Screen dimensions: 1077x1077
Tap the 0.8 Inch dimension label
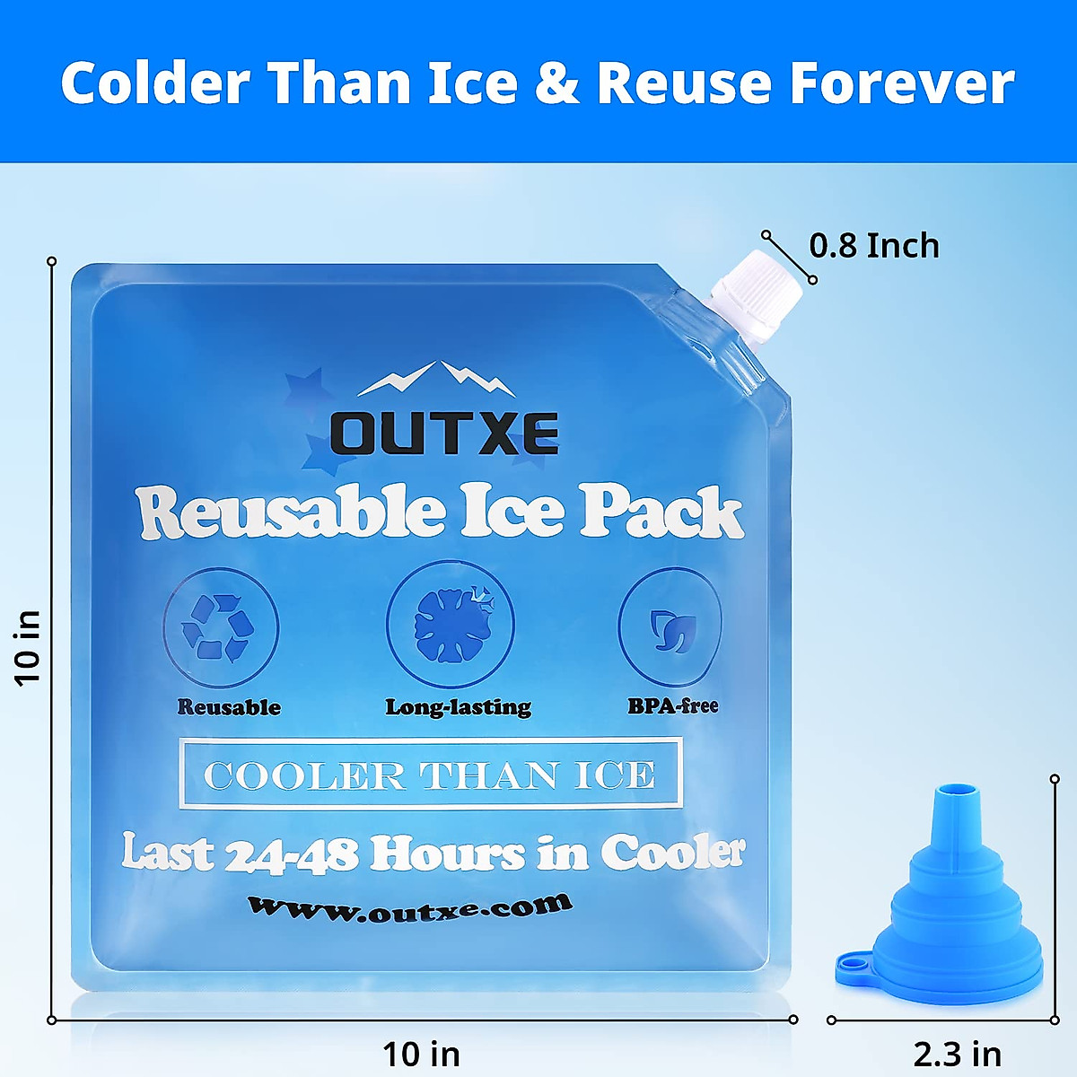(x=874, y=246)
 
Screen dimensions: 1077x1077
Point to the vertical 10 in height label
(x=29, y=647)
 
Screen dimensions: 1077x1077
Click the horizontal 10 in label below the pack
(x=421, y=1053)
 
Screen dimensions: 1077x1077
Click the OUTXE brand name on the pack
(x=444, y=433)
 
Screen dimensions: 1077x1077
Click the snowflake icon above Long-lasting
(x=450, y=626)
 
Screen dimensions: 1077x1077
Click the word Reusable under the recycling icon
(x=229, y=707)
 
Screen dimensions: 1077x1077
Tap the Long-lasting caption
(x=458, y=707)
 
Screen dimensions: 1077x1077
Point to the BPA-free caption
(x=673, y=705)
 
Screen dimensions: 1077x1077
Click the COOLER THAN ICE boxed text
(x=430, y=775)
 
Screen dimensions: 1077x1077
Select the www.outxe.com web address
(x=409, y=908)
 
